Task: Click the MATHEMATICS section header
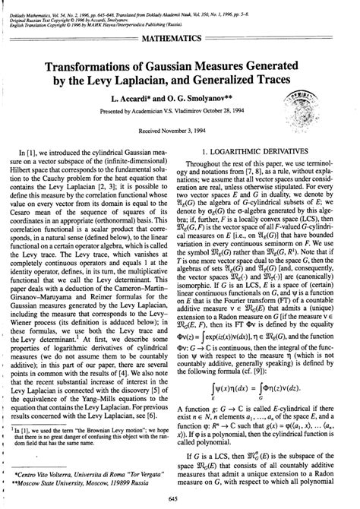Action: (x=179, y=36)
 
